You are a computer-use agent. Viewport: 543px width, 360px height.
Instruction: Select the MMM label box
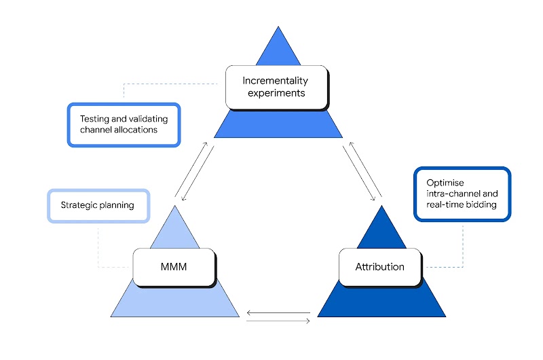pyautogui.click(x=174, y=266)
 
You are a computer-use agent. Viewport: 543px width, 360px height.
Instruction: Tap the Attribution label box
pyautogui.click(x=379, y=266)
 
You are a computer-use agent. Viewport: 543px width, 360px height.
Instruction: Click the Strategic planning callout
pyautogui.click(x=98, y=205)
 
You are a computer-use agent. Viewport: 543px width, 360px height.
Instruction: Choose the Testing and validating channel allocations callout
pyautogui.click(x=124, y=124)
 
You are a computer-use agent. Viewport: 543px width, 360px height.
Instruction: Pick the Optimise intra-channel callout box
pyautogui.click(x=462, y=194)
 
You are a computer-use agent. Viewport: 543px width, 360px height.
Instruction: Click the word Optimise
pyautogui.click(x=445, y=183)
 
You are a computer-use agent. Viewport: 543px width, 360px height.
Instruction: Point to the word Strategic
pyautogui.click(x=78, y=205)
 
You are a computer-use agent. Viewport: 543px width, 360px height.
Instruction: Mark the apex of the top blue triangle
pyautogui.click(x=278, y=28)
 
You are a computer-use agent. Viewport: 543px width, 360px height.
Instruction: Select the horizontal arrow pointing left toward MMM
pyautogui.click(x=278, y=313)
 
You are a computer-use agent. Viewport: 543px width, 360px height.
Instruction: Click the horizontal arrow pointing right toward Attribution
pyautogui.click(x=278, y=321)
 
